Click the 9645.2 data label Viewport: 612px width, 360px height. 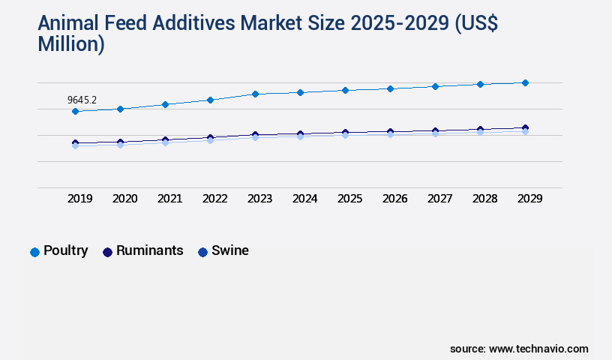[82, 99]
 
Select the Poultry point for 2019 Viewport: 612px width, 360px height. [75, 111]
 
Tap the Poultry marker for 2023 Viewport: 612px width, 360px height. [255, 94]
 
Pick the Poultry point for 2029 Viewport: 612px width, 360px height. [525, 82]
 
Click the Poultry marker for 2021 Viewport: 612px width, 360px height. [165, 104]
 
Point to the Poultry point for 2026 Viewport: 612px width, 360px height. [390, 88]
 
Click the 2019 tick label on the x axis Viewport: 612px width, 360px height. [80, 199]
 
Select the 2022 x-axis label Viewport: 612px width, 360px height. [215, 199]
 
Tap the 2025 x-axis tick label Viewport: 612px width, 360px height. [350, 199]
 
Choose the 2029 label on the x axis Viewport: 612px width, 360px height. [530, 199]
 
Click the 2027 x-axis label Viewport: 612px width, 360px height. [440, 199]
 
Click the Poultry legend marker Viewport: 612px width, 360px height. [34, 252]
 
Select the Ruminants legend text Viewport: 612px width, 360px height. [149, 250]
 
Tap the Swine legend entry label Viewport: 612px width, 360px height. [230, 250]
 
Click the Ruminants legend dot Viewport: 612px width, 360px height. [107, 252]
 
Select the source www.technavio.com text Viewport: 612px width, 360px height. [519, 349]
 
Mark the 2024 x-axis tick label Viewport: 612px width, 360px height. [305, 199]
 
